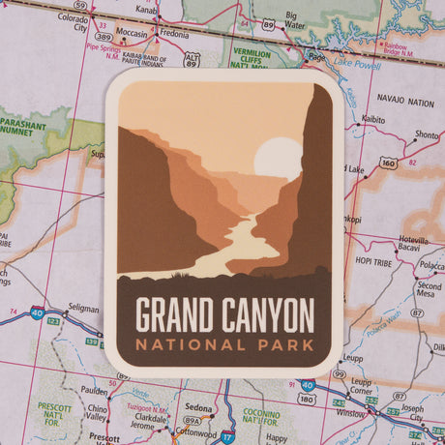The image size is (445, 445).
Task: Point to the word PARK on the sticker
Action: [286, 343]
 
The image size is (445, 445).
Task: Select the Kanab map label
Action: [147, 10]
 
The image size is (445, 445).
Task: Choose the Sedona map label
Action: [200, 408]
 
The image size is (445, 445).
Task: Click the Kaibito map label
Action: [371, 120]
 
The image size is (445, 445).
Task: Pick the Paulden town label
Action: [94, 391]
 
